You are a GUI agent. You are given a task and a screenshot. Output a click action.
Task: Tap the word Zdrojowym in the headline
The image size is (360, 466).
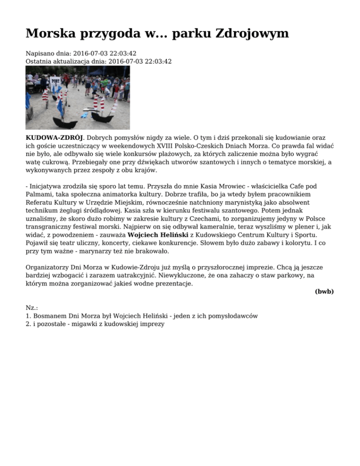click(x=251, y=33)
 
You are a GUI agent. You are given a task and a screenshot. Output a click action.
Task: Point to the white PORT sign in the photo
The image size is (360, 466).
click(x=56, y=81)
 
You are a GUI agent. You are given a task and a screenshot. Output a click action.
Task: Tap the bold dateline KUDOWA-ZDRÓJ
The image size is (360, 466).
click(x=54, y=137)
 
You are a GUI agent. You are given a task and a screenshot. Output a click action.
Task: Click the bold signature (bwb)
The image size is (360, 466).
click(x=324, y=291)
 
